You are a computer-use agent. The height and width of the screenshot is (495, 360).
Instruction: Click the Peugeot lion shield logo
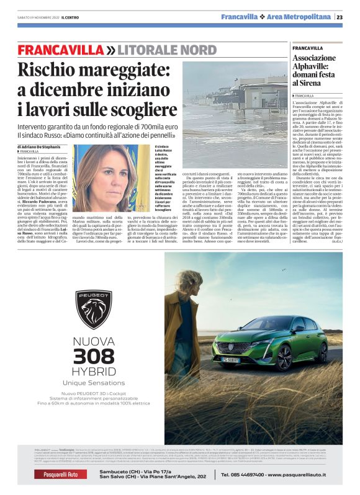[94, 308]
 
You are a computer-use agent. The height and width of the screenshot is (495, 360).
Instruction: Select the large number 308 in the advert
[94, 356]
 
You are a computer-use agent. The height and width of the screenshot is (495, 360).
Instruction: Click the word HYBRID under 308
[94, 372]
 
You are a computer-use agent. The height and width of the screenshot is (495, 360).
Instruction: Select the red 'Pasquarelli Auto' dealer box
[56, 475]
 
